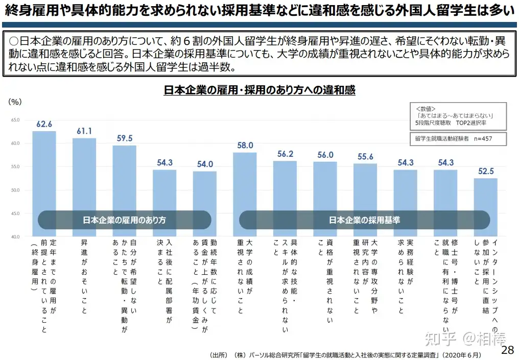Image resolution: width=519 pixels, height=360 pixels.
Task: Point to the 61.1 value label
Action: (84, 131)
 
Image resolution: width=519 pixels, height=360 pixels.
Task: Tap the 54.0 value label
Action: (204, 164)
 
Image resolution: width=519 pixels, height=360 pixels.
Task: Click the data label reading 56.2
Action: (285, 154)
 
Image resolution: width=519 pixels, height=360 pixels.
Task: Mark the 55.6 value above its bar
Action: (365, 157)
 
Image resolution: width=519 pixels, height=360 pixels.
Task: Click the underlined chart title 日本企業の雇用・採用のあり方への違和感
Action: (259, 90)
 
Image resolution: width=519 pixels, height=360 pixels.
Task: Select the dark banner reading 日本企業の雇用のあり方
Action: (124, 220)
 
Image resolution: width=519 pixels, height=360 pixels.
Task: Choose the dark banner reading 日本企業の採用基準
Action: (364, 220)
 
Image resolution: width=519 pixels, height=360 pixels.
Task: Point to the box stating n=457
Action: (453, 138)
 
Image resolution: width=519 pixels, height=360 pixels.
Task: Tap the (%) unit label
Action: (15, 102)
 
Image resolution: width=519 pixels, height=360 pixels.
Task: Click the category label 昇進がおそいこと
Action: (84, 276)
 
